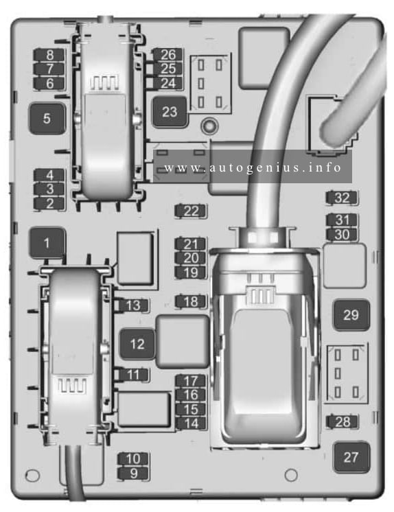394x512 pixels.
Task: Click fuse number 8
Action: [x=49, y=55]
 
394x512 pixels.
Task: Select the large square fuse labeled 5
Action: [x=47, y=118]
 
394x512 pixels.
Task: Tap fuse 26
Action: [x=168, y=54]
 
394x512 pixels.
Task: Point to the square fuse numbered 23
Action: [x=170, y=112]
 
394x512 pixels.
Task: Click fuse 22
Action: [x=191, y=211]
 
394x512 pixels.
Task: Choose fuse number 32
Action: [x=342, y=198]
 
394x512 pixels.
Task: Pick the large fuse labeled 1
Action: [x=47, y=243]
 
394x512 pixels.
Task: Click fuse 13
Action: [x=132, y=305]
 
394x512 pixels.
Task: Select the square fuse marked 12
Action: [x=137, y=344]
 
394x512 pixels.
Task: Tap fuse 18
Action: [x=191, y=301]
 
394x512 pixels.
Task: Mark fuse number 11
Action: [x=132, y=375]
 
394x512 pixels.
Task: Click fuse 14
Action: [x=191, y=423]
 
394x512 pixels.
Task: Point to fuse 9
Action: [x=133, y=473]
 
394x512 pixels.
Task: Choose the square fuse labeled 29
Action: [x=351, y=315]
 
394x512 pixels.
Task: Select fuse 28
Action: [x=342, y=421]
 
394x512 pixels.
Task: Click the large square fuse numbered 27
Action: [x=351, y=457]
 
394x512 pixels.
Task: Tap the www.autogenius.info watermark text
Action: [x=253, y=168]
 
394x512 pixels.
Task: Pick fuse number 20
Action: [x=191, y=258]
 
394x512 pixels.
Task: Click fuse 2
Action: [x=49, y=204]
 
